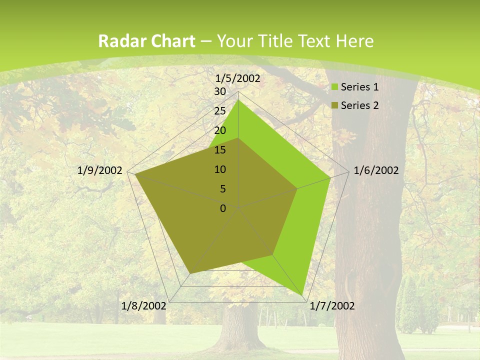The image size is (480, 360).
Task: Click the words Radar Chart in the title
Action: click(146, 41)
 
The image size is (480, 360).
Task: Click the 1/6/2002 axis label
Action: click(376, 170)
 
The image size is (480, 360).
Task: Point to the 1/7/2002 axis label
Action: click(332, 306)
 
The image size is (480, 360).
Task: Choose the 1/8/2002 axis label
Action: click(144, 306)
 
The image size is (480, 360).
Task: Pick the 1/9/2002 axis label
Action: click(100, 170)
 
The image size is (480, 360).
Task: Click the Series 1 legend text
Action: click(359, 87)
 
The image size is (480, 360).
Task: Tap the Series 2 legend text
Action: click(359, 105)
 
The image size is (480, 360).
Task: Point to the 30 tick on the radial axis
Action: click(220, 91)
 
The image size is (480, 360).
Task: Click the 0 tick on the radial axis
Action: click(223, 208)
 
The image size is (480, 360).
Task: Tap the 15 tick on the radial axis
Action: click(220, 150)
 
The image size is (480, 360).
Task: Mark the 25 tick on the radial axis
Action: click(220, 111)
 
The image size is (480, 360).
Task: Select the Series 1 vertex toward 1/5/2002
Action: click(238, 100)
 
